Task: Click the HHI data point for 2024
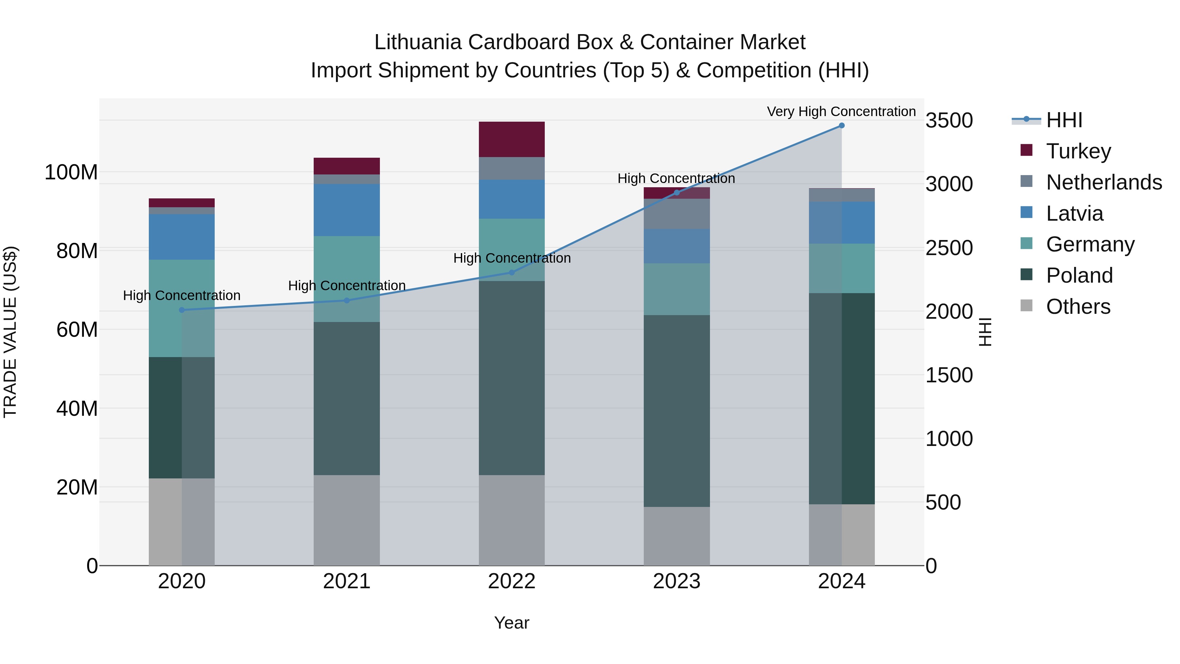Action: point(841,126)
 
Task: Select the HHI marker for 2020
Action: point(182,310)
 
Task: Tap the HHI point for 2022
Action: point(512,273)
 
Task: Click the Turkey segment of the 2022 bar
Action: point(512,139)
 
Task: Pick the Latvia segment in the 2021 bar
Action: point(347,210)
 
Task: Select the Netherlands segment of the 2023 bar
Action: point(677,214)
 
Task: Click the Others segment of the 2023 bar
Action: point(677,536)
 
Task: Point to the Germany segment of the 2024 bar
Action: point(841,269)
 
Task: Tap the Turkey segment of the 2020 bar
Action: point(182,203)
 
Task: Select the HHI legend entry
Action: point(1064,120)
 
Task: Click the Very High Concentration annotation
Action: point(841,112)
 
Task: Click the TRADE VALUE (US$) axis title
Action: point(10,332)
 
